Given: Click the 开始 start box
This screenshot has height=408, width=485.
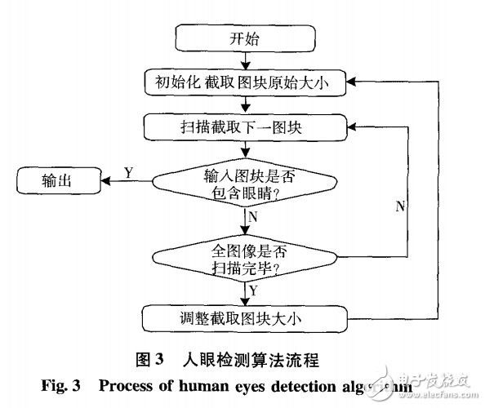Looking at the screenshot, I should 247,38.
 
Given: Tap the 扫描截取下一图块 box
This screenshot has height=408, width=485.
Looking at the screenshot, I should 246,127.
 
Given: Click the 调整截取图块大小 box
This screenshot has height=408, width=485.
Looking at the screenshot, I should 247,317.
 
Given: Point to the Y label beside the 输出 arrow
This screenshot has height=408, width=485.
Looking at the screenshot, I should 129,171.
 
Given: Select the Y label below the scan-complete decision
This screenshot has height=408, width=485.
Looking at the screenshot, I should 255,290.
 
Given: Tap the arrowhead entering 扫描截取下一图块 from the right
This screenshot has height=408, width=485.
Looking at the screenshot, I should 353,127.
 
